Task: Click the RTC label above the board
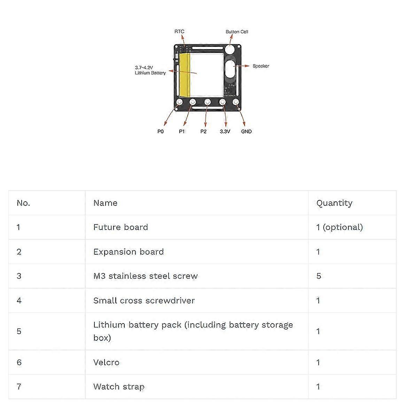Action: [x=179, y=31]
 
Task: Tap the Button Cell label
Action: [x=237, y=32]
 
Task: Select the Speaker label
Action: [x=261, y=66]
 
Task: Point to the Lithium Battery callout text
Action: [x=150, y=70]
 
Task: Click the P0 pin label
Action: [x=160, y=131]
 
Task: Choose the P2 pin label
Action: [x=203, y=131]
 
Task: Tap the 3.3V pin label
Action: [x=225, y=131]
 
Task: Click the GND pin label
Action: [x=246, y=131]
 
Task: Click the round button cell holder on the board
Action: [x=230, y=49]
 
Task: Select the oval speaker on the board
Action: [x=230, y=69]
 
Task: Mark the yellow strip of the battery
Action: [x=185, y=75]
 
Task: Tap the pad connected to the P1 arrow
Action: [x=193, y=102]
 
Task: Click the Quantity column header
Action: [x=334, y=203]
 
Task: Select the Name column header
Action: [x=105, y=203]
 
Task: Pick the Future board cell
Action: [x=121, y=227]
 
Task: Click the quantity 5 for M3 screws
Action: [x=319, y=276]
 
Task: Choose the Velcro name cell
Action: [x=106, y=362]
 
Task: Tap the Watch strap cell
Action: [x=119, y=387]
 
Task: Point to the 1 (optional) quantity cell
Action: [x=340, y=227]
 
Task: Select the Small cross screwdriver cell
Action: [x=144, y=300]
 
